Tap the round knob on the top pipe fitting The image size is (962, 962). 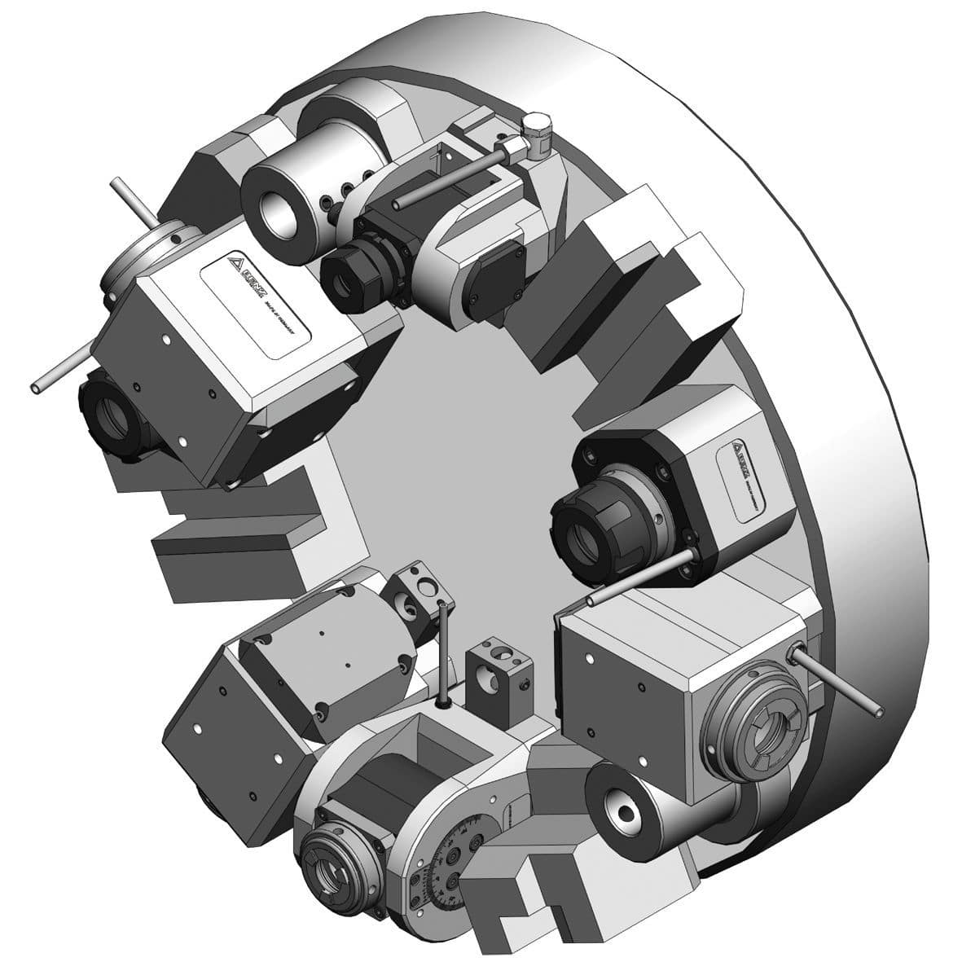pyautogui.click(x=534, y=125)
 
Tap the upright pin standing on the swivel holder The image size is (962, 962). pyautogui.click(x=441, y=652)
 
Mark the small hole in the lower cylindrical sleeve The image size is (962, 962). pyautogui.click(x=626, y=811)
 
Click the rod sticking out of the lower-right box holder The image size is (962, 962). pyautogui.click(x=839, y=681)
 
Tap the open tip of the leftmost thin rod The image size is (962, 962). pyautogui.click(x=37, y=388)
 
